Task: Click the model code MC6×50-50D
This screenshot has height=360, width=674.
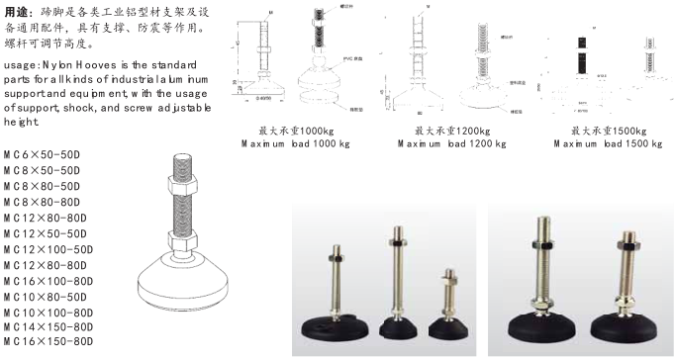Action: pyautogui.click(x=42, y=155)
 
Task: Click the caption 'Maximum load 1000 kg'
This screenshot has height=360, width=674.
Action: pyautogui.click(x=296, y=143)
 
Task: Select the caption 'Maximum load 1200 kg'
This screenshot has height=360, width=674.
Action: pyautogui.click(x=452, y=143)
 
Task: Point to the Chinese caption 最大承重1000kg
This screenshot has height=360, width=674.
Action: pyautogui.click(x=297, y=130)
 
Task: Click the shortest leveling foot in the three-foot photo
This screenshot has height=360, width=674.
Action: pyautogui.click(x=448, y=297)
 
